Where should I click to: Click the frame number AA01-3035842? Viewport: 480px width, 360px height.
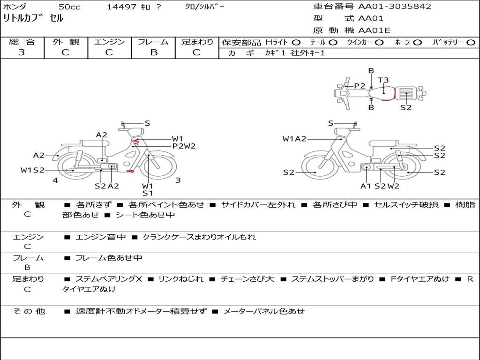(x=395, y=7)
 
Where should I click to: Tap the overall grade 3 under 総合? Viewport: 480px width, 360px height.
(x=22, y=52)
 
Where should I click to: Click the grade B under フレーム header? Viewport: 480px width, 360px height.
(x=154, y=52)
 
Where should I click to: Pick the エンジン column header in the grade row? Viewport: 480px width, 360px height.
(x=109, y=42)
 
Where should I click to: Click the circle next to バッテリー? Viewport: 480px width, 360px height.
(x=471, y=43)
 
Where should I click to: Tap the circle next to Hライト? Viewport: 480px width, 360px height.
(x=296, y=43)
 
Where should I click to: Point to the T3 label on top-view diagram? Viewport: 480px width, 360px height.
(x=383, y=80)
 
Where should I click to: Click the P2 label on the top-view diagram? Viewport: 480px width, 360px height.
(x=360, y=86)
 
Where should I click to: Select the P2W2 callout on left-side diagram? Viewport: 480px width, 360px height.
(x=184, y=146)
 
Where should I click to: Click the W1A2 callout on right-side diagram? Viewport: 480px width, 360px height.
(x=294, y=139)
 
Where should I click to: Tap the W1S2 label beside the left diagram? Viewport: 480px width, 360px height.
(x=32, y=170)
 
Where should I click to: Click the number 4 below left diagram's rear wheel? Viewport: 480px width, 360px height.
(x=55, y=180)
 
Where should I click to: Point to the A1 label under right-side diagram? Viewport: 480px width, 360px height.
(x=366, y=186)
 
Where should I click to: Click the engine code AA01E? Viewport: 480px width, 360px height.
(x=375, y=30)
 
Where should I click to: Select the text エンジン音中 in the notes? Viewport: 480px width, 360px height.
(x=101, y=237)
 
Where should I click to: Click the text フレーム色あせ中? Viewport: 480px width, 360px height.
(x=109, y=258)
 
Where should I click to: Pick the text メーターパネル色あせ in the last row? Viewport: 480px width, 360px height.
(x=264, y=311)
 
